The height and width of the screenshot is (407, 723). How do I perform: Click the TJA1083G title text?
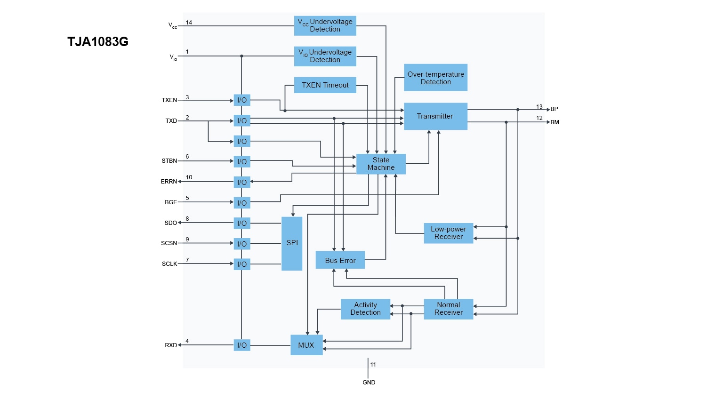pyautogui.click(x=98, y=42)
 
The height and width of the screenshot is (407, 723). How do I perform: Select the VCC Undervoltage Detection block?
pyautogui.click(x=325, y=25)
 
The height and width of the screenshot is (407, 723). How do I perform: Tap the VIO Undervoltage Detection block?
pyautogui.click(x=325, y=56)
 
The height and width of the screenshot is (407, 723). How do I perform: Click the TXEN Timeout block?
pyautogui.click(x=325, y=85)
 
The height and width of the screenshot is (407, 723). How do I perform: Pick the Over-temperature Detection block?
pyautogui.click(x=435, y=78)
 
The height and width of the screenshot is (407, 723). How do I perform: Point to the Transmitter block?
pyautogui.click(x=435, y=116)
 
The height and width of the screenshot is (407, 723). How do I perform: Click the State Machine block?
pyautogui.click(x=381, y=164)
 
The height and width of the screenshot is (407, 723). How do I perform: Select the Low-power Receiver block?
pyautogui.click(x=448, y=233)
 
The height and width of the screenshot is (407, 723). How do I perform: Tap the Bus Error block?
pyautogui.click(x=340, y=260)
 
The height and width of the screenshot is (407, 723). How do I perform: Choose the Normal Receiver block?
pyautogui.click(x=448, y=309)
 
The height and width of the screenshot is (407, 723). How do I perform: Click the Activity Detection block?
pyautogui.click(x=365, y=309)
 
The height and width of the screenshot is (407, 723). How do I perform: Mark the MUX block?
pyautogui.click(x=306, y=345)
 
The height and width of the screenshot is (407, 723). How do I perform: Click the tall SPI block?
pyautogui.click(x=292, y=243)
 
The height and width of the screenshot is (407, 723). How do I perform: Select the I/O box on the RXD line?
pyautogui.click(x=242, y=345)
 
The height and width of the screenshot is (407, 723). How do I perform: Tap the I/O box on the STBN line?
pyautogui.click(x=242, y=161)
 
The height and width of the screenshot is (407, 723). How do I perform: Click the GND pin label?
pyautogui.click(x=369, y=383)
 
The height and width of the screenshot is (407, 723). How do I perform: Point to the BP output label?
pyautogui.click(x=554, y=109)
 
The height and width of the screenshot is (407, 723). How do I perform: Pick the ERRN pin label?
pyautogui.click(x=169, y=182)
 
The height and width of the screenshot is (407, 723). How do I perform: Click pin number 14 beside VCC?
pyautogui.click(x=189, y=23)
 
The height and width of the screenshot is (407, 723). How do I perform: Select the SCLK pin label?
pyautogui.click(x=169, y=264)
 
